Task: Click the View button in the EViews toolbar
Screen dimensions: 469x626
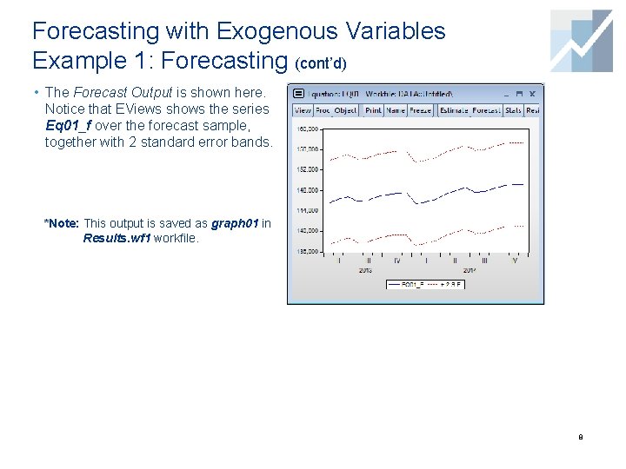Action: coord(303,110)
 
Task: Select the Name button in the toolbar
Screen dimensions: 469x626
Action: coord(396,110)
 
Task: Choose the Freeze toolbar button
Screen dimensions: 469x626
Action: coord(420,110)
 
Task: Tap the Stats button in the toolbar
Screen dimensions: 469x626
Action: coord(513,110)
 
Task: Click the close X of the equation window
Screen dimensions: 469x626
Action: coord(532,92)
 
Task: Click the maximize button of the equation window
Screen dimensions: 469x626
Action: coord(519,92)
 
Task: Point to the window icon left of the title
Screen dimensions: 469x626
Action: coord(298,92)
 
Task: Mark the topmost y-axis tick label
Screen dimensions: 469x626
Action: coord(308,128)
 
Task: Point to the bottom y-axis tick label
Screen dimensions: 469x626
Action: coord(308,251)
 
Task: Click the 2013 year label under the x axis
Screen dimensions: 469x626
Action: coord(365,270)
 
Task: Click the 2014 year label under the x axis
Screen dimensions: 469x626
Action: coord(469,270)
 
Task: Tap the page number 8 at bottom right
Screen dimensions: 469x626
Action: coord(580,437)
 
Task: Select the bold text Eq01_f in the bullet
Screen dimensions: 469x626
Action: coord(67,124)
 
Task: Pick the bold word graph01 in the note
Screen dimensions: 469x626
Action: coord(235,223)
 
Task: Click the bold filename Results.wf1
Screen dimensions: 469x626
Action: coord(117,237)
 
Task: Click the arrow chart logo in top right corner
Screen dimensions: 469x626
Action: coord(582,40)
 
